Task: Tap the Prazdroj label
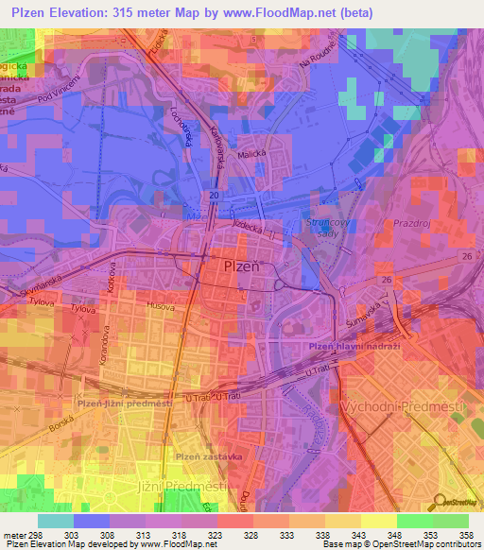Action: coord(414,230)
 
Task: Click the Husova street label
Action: coord(162,307)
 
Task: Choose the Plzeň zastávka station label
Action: coord(207,456)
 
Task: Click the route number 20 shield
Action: coord(215,195)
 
